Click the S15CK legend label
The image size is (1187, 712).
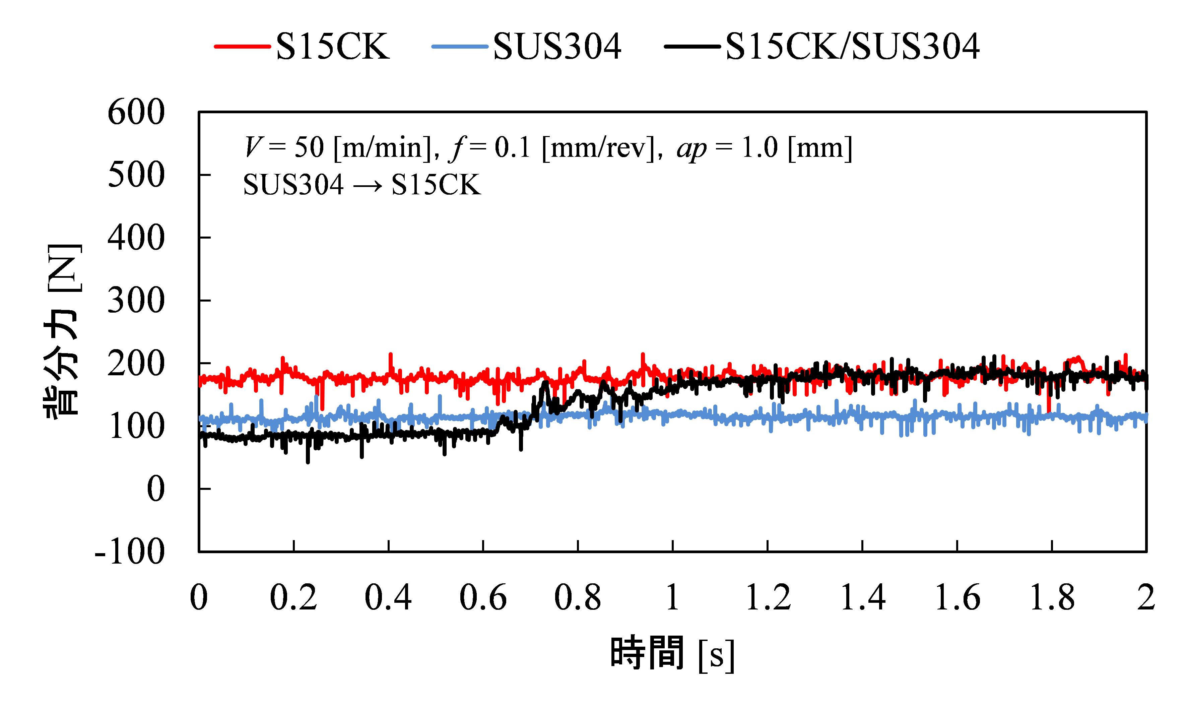coord(332,47)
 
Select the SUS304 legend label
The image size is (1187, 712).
coord(557,47)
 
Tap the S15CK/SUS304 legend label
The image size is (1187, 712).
coord(852,47)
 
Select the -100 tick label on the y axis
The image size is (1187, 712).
coord(130,552)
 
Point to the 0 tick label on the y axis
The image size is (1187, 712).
coord(155,490)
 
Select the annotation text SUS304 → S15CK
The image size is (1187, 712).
coord(361,185)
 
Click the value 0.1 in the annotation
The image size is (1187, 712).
coord(512,147)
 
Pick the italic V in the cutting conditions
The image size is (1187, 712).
coord(252,147)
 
